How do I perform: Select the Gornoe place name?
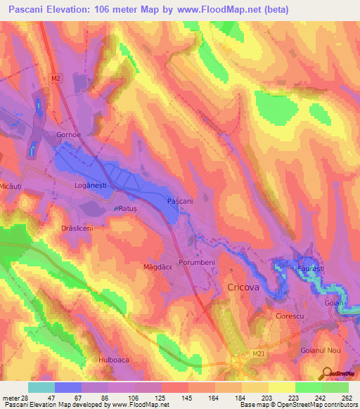(x=68, y=134)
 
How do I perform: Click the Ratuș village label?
(x=129, y=209)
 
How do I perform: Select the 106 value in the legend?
(x=133, y=398)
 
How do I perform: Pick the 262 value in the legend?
(x=346, y=398)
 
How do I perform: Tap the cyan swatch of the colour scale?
(x=41, y=387)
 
